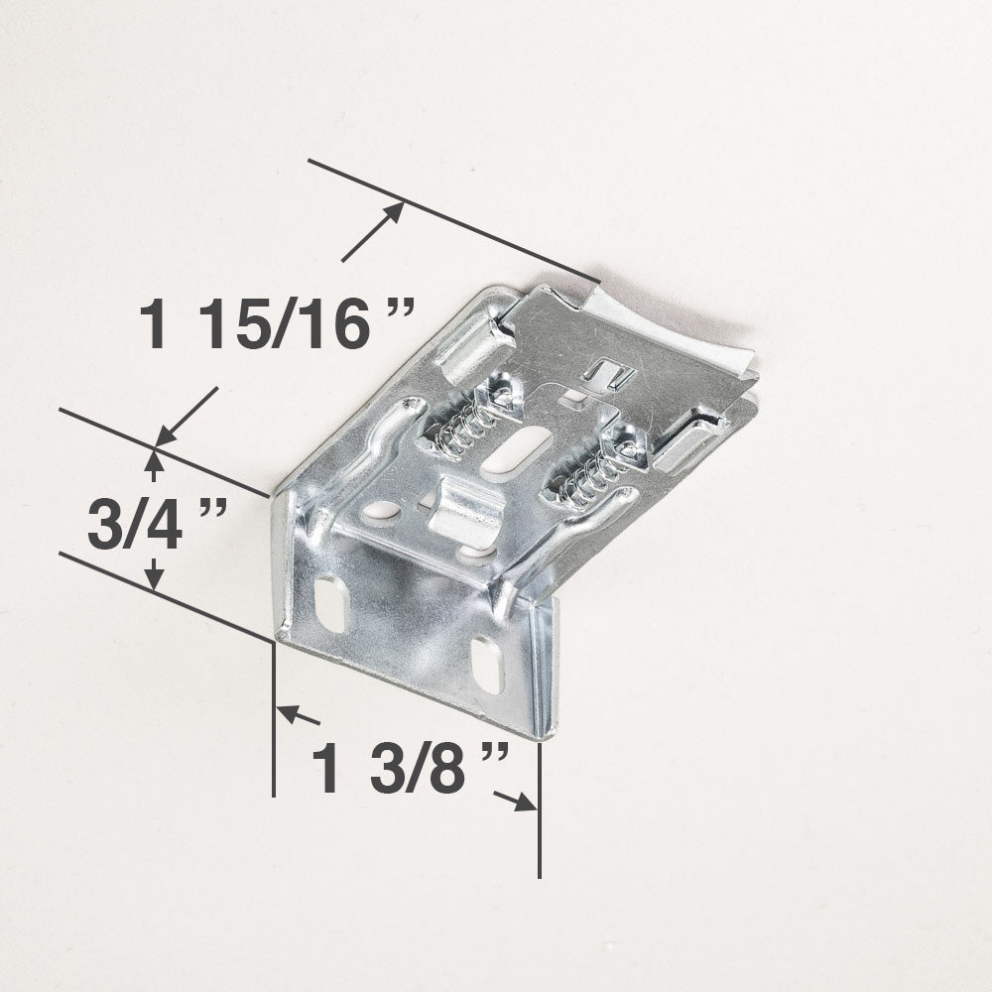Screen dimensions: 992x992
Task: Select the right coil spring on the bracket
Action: tap(592, 472)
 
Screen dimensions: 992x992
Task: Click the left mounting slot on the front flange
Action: tap(330, 601)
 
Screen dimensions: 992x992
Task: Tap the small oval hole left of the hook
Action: tap(381, 512)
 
